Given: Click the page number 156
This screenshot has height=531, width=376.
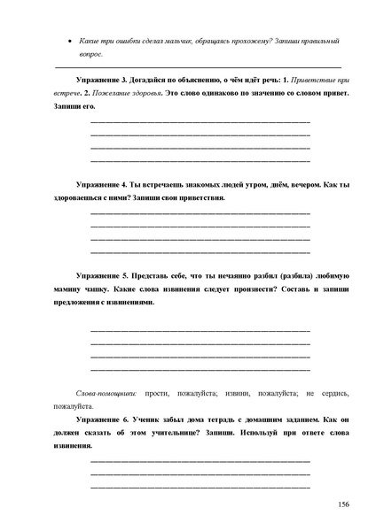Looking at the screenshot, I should pos(343,504).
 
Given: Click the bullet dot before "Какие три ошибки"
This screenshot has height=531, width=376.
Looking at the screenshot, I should pos(70,42).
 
